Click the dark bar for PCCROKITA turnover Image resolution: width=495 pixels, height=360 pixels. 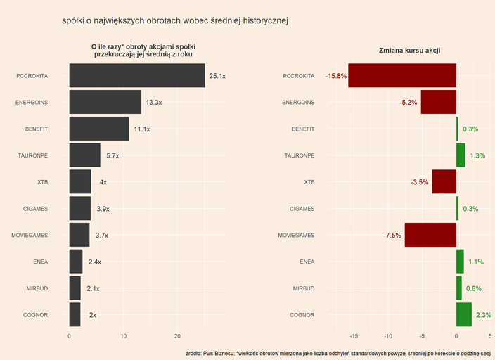point(137,76)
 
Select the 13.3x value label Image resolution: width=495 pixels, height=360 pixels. point(153,103)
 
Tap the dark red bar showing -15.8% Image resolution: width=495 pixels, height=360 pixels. point(402,76)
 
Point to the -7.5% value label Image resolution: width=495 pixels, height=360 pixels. point(392,236)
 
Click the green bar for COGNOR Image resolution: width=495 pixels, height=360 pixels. point(464,315)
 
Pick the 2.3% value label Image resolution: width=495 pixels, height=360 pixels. point(484,315)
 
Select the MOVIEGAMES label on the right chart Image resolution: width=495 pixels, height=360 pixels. point(296,236)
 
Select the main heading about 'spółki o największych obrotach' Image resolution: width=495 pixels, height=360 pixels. point(176,21)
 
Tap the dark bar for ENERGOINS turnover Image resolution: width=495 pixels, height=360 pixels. point(105,103)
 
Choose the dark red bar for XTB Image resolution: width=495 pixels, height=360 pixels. point(444,182)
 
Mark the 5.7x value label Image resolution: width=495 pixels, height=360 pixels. point(112,155)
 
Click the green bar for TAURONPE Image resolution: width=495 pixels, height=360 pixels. point(461,155)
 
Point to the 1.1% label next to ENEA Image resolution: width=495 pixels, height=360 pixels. point(475,262)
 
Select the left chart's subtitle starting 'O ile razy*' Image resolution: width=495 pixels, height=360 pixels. point(143,50)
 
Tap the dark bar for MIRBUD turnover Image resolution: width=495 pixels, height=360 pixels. point(75,288)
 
